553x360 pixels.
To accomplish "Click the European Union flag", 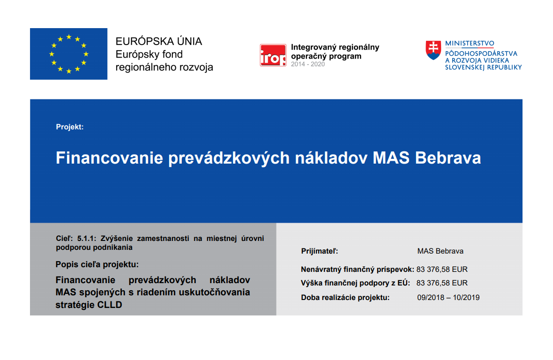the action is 69,54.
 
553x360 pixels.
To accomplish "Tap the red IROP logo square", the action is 273,55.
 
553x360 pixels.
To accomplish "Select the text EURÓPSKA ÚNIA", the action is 159,41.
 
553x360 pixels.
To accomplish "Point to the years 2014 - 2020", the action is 308,64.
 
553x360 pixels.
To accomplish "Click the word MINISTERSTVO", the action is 470,44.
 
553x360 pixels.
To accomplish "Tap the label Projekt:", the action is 70,127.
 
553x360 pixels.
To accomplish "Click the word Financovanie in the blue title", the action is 109,157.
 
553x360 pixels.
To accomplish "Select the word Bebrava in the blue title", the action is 448,157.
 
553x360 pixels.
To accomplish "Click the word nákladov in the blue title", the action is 331,157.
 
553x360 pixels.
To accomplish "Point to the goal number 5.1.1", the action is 86,239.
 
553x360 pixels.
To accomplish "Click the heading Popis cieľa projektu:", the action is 97,264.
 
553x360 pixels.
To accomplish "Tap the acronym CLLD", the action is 109,305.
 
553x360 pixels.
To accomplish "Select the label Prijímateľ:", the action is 320,251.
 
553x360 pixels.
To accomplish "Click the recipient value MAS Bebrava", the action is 440,251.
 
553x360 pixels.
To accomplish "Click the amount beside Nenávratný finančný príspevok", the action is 442,270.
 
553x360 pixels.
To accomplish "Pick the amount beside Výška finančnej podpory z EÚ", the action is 442,283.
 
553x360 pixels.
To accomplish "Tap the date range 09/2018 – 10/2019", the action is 448,298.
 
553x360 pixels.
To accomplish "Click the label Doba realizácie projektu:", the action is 345,298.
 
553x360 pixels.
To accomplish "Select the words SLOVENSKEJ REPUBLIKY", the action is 483,67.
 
